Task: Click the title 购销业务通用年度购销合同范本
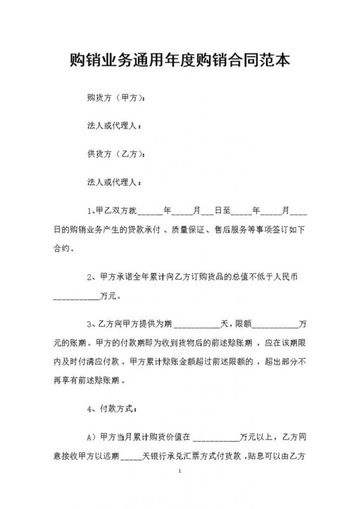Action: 180,61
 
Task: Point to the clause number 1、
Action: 91,210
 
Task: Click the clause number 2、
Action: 92,277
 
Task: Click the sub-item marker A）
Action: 92,438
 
